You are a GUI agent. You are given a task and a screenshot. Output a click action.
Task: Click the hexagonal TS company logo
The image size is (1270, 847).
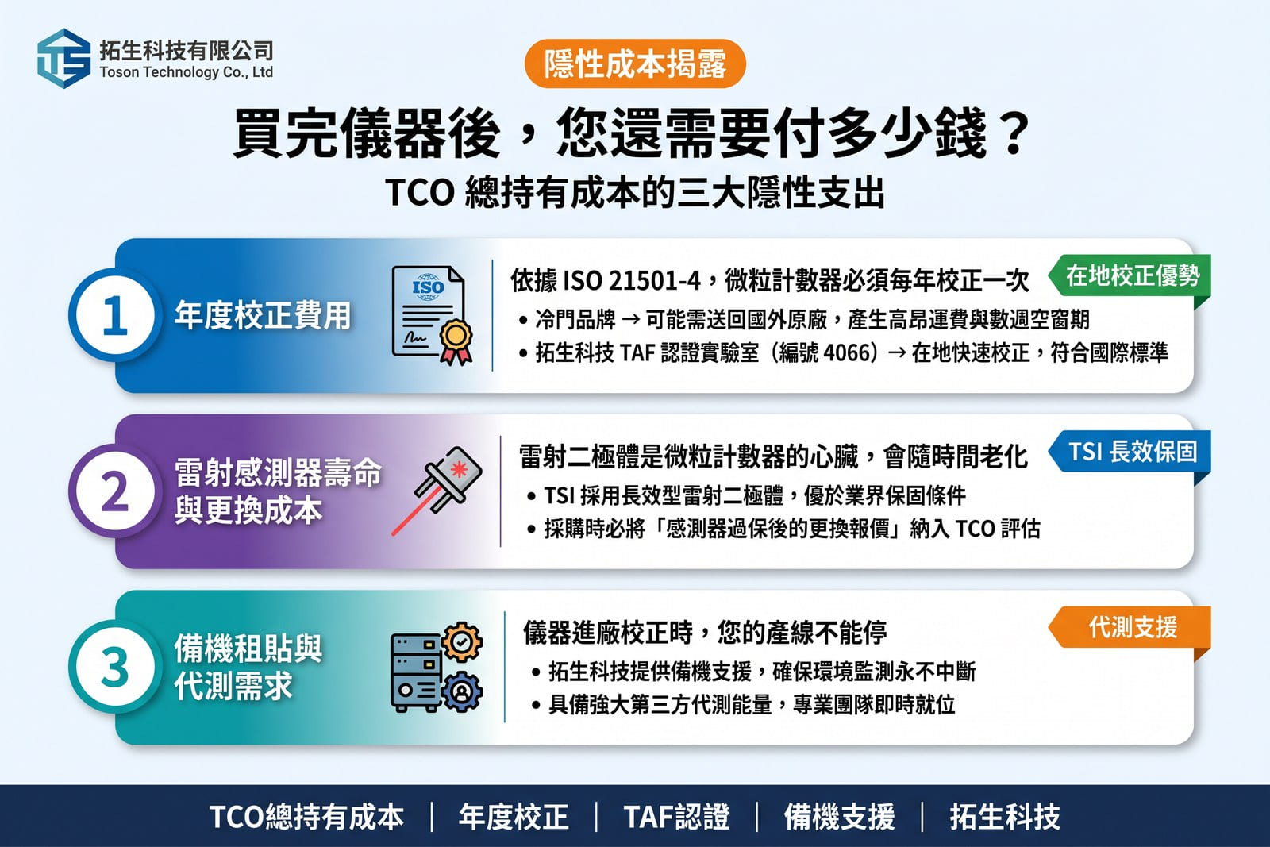(63, 59)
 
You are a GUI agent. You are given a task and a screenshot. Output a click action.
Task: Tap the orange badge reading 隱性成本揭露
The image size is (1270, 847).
(635, 64)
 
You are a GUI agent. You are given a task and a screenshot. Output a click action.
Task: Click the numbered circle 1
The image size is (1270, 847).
(115, 315)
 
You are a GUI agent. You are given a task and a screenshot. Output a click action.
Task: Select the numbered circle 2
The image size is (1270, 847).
(115, 491)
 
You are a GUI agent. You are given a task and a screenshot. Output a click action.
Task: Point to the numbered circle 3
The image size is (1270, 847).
(115, 667)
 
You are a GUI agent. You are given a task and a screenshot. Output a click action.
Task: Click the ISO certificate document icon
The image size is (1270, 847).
(432, 315)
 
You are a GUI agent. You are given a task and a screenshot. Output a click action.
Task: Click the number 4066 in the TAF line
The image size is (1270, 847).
(846, 352)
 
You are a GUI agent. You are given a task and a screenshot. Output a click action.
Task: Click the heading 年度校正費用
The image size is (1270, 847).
(263, 315)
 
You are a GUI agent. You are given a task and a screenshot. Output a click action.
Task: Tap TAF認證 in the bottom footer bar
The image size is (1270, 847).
(676, 817)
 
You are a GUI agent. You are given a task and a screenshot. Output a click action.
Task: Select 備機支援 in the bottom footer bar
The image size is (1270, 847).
(839, 817)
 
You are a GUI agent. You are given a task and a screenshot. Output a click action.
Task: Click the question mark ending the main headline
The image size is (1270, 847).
(1014, 133)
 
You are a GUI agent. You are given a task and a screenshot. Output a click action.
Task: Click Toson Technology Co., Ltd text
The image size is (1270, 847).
(187, 72)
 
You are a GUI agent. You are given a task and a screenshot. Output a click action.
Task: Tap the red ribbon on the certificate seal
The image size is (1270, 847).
(456, 354)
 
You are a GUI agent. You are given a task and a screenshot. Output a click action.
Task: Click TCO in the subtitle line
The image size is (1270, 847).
(420, 193)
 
